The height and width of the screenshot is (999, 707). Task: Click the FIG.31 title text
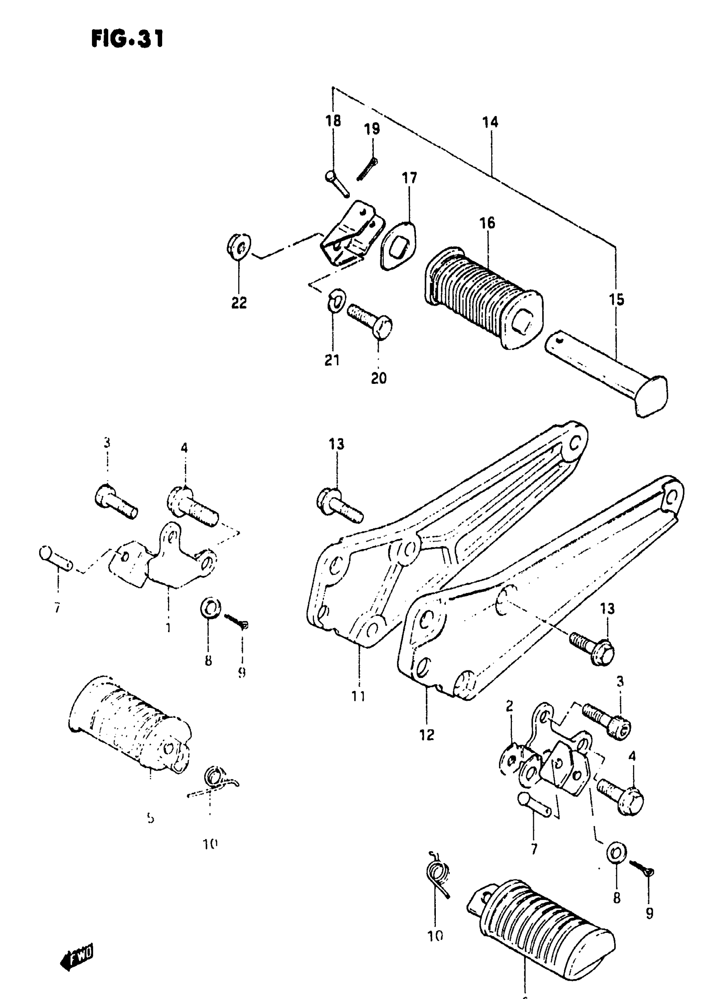point(127,39)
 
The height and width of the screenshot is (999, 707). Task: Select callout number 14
point(490,122)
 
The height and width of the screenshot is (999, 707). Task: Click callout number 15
point(616,299)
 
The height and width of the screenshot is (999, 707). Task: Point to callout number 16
point(487,223)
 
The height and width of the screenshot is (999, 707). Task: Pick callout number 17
point(409,178)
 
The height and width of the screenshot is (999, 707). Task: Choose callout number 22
point(239,302)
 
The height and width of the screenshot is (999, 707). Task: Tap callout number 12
point(427,735)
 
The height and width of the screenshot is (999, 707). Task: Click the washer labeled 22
point(238,247)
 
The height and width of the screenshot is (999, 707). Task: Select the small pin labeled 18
point(337,183)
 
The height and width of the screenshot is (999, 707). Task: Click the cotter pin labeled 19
point(366,169)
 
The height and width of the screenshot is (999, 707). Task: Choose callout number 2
point(510,706)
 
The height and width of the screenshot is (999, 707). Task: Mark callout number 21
point(332,360)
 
